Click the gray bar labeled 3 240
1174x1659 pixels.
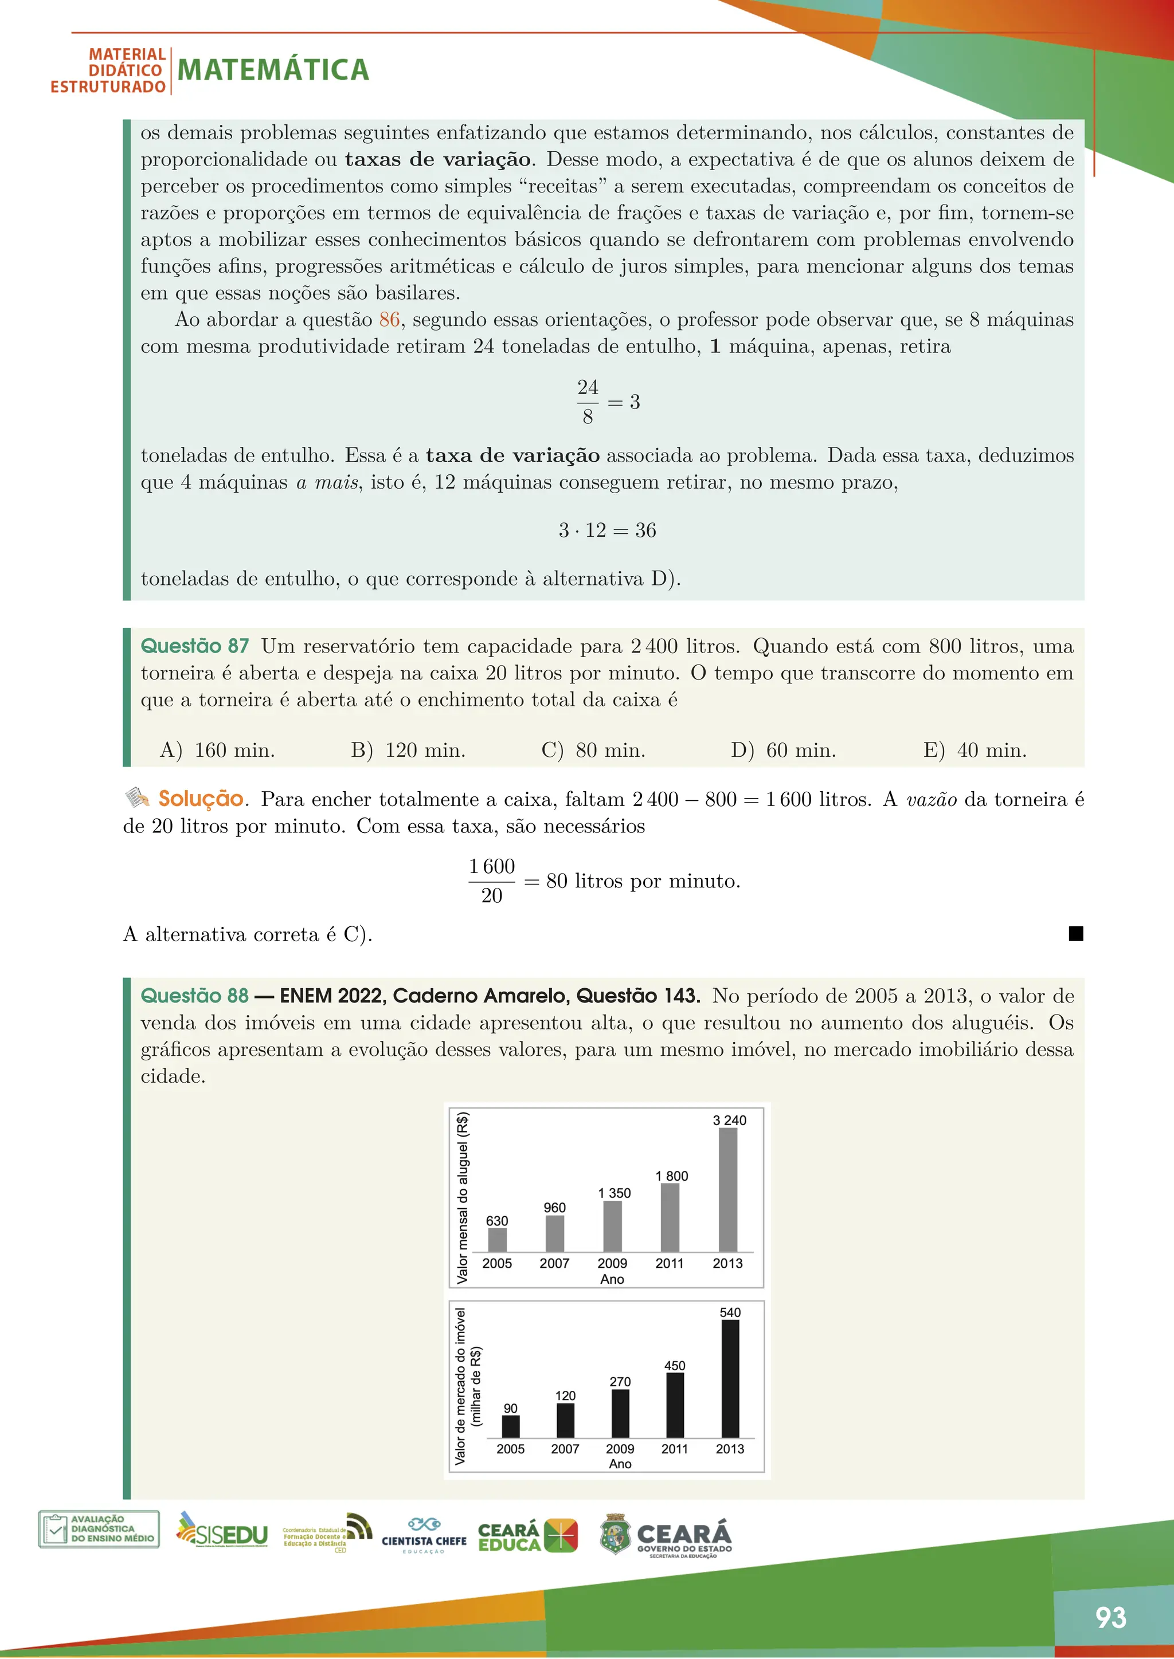(x=728, y=1189)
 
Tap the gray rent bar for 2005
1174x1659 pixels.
(x=498, y=1239)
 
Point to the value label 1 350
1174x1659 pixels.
(x=615, y=1193)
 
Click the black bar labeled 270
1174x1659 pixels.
(x=620, y=1413)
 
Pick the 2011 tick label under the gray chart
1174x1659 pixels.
(x=670, y=1263)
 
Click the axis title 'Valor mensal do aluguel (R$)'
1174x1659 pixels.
(x=463, y=1197)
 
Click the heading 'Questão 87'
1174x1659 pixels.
(x=194, y=646)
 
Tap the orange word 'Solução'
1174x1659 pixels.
(x=200, y=799)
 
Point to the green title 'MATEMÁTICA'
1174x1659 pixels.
(x=273, y=70)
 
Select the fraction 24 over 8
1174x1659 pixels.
(x=588, y=402)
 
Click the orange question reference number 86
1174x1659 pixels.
(x=389, y=320)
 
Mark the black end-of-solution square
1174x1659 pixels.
(x=1075, y=934)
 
